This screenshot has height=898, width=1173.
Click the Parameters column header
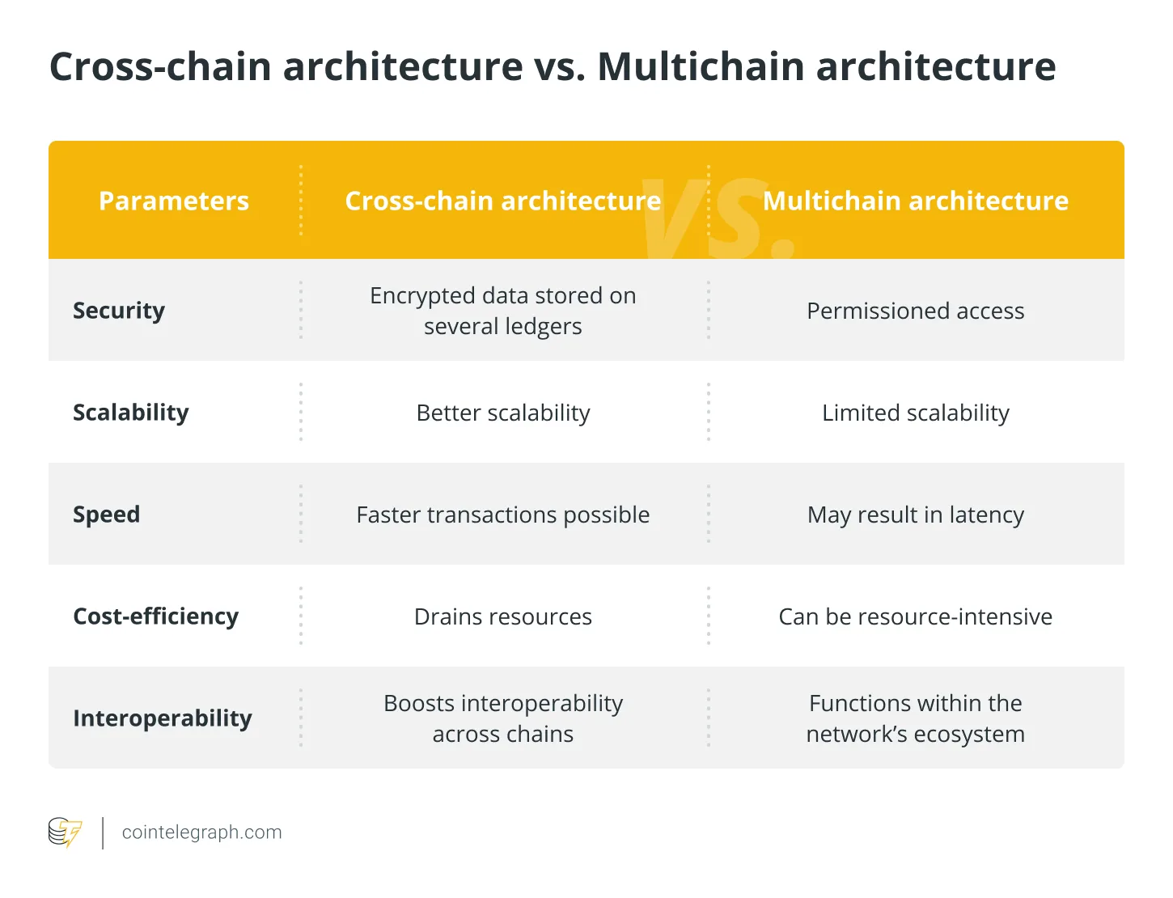point(174,201)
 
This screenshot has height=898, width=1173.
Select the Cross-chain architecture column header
point(502,201)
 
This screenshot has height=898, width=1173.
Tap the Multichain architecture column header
point(916,201)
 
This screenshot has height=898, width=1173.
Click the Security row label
point(119,311)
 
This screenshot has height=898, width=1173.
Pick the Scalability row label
point(131,413)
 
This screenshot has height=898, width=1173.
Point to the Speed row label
point(107,515)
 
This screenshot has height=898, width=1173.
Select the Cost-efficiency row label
point(156,616)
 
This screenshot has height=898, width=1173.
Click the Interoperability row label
point(163,718)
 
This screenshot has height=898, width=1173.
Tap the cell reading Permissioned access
point(916,311)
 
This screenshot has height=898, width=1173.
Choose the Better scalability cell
point(503,413)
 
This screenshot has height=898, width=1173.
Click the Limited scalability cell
point(916,413)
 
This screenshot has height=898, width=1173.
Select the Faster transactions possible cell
point(503,515)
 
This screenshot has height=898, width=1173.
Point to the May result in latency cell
point(916,515)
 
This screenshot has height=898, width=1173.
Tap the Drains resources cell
point(503,616)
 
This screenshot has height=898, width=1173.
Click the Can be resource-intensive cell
point(916,616)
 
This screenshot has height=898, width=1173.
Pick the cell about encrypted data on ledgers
point(503,311)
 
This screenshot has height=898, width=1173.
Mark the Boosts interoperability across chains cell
point(503,718)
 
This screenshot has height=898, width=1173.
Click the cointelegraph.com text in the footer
point(202,832)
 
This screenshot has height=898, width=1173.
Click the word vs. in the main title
point(559,66)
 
